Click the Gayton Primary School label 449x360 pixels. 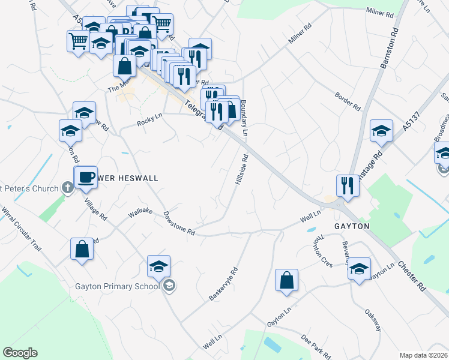click(118, 286)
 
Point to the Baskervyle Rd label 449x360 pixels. click(223, 284)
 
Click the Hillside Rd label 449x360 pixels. click(241, 171)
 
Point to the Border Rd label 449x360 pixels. click(348, 100)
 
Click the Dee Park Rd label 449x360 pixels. click(313, 347)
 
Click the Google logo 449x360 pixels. click(20, 353)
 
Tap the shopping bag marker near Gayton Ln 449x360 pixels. click(287, 280)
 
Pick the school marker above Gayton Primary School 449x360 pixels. click(158, 266)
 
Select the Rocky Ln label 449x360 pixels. click(149, 120)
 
